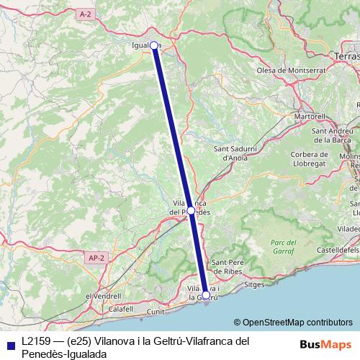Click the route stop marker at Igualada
tap(154, 45)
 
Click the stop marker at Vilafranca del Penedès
tap(190, 210)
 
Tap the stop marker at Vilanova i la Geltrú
tap(206, 295)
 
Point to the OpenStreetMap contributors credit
tap(292, 323)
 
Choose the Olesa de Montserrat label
tap(292, 71)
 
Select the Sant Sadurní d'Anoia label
tap(236, 153)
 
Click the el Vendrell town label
tap(103, 296)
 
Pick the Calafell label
tap(123, 309)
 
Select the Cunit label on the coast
tap(156, 312)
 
